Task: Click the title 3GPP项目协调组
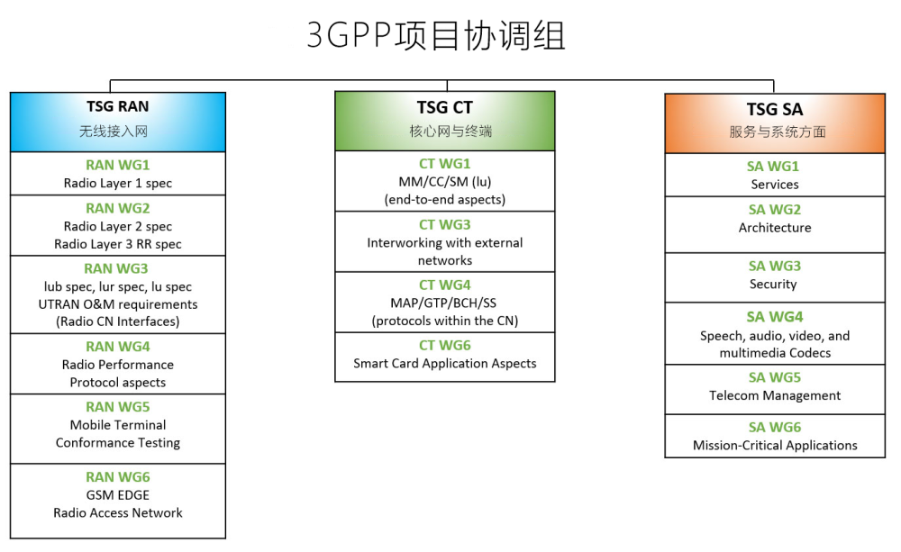point(436,35)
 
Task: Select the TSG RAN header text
point(118,106)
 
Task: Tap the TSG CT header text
point(445,107)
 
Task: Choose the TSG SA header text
point(775,109)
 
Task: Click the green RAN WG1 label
point(118,165)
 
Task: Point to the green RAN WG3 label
point(116,268)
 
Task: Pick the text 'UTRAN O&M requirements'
point(118,304)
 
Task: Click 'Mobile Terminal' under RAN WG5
point(118,425)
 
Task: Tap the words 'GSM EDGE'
point(118,495)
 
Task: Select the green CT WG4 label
point(445,285)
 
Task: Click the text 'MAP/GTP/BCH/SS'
point(443,303)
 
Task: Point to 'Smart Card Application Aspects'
point(445,363)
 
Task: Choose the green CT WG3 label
point(445,224)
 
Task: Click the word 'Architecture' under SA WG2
point(775,228)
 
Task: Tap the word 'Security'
point(773,284)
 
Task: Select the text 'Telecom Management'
point(775,395)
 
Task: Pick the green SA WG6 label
point(775,428)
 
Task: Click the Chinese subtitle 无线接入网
point(114,131)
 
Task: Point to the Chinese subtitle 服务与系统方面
point(778,132)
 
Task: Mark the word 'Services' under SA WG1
point(775,185)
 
